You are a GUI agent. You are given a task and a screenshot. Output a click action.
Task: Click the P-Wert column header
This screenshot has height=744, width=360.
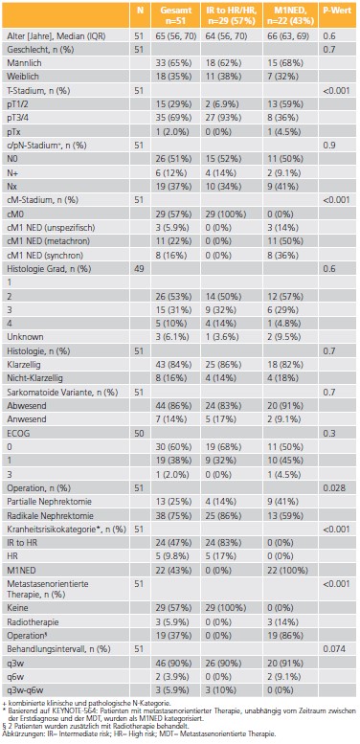337,12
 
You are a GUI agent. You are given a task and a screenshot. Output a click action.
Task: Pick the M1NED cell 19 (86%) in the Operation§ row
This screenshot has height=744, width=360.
283,606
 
